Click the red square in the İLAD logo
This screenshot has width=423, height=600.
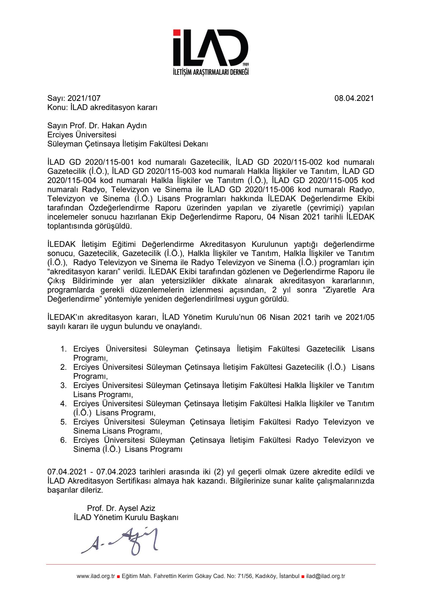pos(177,33)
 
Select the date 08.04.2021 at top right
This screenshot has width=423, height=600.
pos(354,98)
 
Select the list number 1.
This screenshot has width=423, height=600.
pos(63,349)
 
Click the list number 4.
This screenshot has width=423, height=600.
pos(63,404)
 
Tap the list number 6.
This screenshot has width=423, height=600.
pos(63,440)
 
